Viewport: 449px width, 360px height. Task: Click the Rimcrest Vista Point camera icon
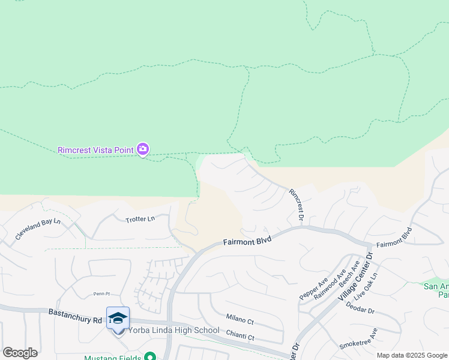[143, 149]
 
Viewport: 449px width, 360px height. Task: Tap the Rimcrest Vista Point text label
[96, 149]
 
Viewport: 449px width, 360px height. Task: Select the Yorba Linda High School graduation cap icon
[118, 318]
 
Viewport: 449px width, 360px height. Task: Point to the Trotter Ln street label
[140, 219]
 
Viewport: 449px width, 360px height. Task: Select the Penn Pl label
[103, 294]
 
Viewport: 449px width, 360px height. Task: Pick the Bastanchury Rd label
[75, 315]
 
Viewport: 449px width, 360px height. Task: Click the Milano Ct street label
[240, 319]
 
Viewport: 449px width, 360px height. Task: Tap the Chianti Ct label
[240, 337]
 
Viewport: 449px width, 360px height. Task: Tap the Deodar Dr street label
[378, 311]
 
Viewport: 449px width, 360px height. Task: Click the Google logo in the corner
[20, 353]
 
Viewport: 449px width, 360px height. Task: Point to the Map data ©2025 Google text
[412, 355]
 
